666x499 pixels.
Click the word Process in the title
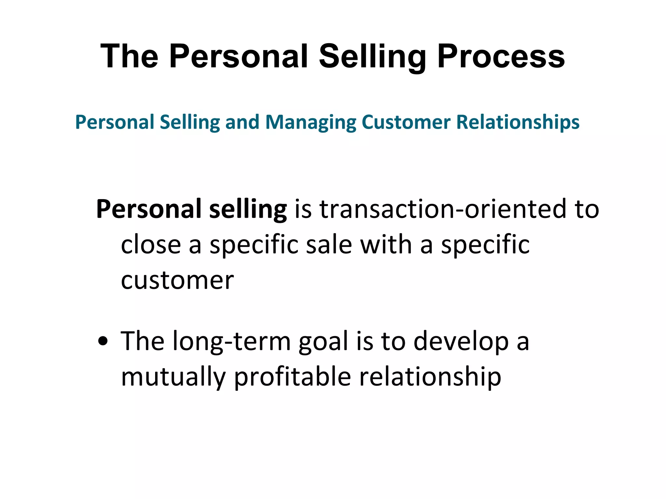coord(501,57)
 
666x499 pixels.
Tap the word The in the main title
coord(129,57)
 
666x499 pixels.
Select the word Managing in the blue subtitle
coord(311,123)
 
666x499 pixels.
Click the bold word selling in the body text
coord(248,210)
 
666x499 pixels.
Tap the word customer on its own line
coord(177,280)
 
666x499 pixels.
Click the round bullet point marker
coord(103,342)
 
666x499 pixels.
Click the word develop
coord(461,342)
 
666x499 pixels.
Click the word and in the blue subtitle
coord(242,122)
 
